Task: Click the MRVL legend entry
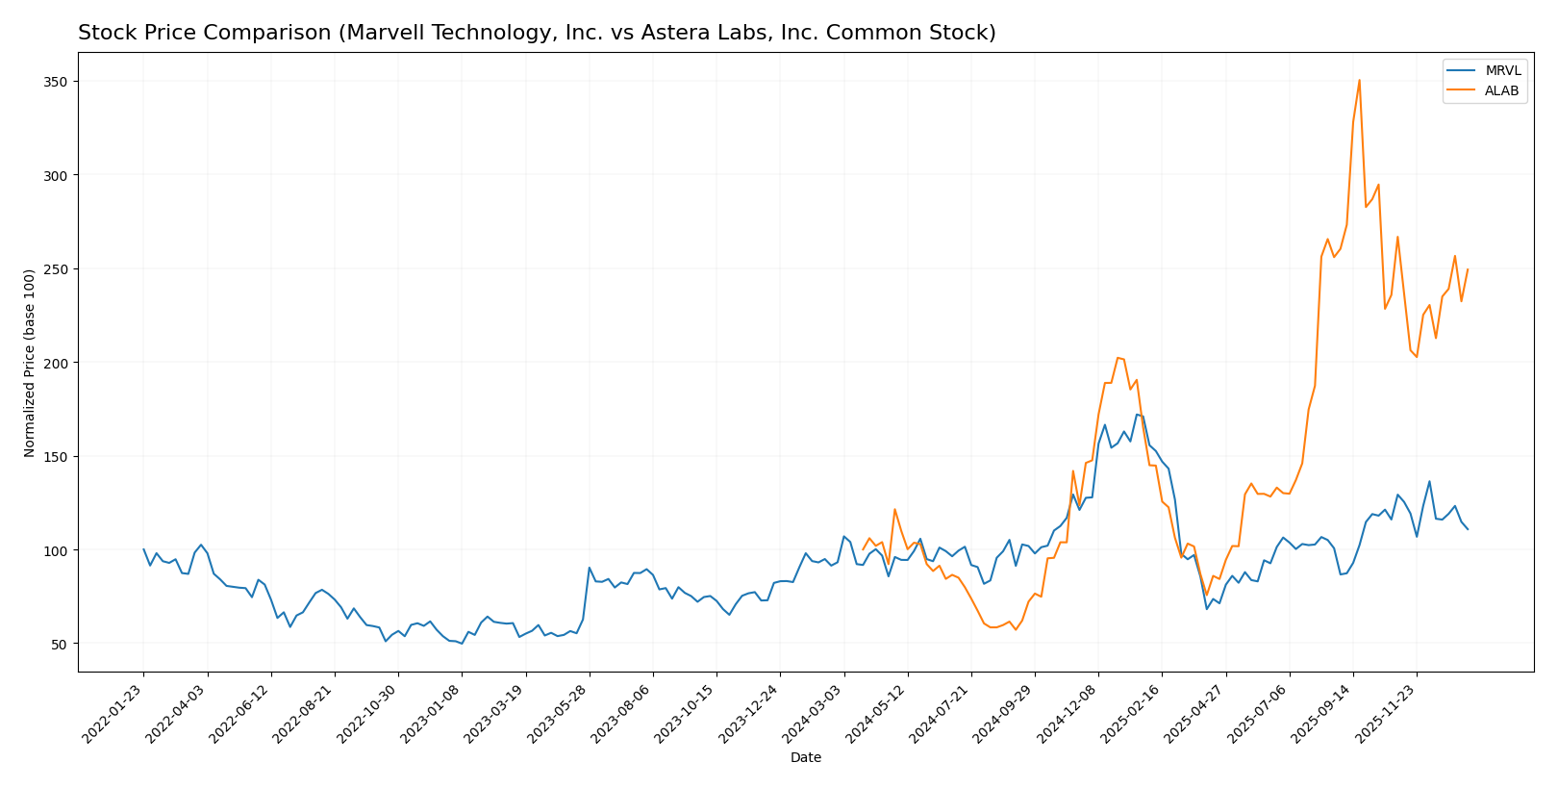pyautogui.click(x=1502, y=71)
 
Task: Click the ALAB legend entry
pyautogui.click(x=1502, y=91)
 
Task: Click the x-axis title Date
pyautogui.click(x=805, y=758)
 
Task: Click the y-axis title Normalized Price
pyautogui.click(x=30, y=363)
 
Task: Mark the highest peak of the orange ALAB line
pyautogui.click(x=1359, y=80)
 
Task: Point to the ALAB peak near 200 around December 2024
pyautogui.click(x=1118, y=358)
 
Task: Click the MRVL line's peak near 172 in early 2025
pyautogui.click(x=1137, y=415)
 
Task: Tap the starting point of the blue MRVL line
pyautogui.click(x=143, y=549)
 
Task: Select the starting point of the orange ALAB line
pyautogui.click(x=863, y=549)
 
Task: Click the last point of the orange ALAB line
pyautogui.click(x=1467, y=269)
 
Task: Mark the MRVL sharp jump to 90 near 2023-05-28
pyautogui.click(x=590, y=568)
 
